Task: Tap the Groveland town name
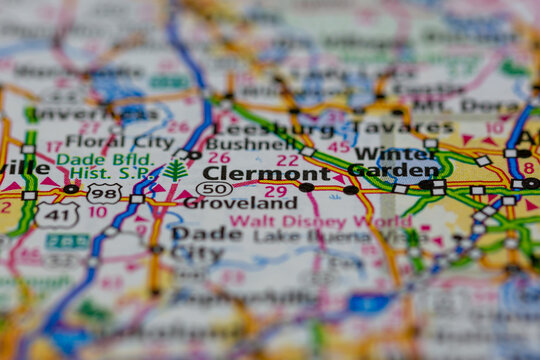tap(240, 203)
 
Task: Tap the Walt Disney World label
tap(320, 221)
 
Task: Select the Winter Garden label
tap(396, 162)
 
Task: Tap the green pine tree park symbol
tap(176, 171)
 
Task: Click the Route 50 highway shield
tap(214, 188)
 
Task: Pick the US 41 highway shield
tap(56, 214)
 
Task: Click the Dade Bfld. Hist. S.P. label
tap(104, 166)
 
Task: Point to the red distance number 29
tap(275, 191)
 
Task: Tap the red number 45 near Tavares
tap(340, 147)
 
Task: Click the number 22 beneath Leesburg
tap(288, 160)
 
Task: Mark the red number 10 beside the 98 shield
tap(97, 212)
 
